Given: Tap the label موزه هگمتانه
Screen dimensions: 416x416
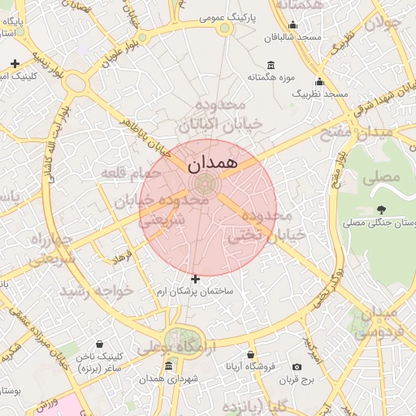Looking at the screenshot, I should pos(271,77).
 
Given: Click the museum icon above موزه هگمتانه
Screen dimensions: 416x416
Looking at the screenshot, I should pos(271,65).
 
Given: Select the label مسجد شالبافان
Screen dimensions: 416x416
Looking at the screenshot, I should pos(298,37).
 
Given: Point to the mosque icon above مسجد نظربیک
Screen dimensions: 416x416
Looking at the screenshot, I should pos(319,81).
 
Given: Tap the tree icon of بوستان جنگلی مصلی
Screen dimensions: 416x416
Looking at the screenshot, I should pos(381,210).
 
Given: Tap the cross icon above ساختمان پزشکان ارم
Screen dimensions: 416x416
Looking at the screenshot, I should pos(195,279).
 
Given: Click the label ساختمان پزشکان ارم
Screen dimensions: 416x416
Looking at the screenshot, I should pos(195,290).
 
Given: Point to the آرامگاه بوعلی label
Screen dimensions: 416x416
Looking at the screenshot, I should pos(185,348).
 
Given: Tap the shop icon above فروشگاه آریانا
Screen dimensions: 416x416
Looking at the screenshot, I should pos(250,355).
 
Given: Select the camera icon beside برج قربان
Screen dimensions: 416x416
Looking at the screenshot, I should pos(296,366).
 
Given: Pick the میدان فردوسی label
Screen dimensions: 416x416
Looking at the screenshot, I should pos(376,320).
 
